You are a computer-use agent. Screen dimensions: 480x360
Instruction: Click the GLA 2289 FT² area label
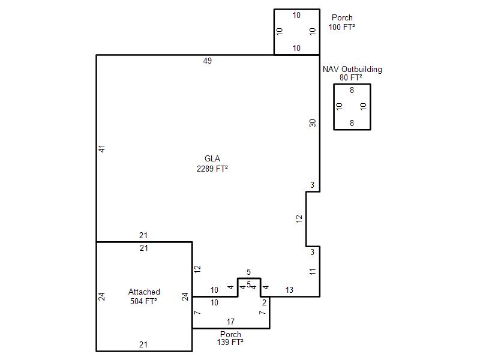[212, 163]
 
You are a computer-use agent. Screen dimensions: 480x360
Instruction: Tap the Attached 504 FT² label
[144, 296]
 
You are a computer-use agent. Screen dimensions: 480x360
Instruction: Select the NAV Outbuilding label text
[352, 69]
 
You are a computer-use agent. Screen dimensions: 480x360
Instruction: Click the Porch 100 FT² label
[342, 22]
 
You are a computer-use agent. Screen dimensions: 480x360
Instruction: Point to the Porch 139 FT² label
[230, 338]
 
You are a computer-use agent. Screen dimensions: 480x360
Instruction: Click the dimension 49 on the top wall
[207, 61]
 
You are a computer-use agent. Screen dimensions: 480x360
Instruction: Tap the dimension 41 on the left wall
[101, 149]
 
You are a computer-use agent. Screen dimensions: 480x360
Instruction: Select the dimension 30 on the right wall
[312, 123]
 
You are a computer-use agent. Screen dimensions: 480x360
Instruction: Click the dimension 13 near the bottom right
[289, 290]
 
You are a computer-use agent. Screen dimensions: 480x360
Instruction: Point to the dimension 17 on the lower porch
[230, 322]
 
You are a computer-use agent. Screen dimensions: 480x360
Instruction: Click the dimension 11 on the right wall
[312, 272]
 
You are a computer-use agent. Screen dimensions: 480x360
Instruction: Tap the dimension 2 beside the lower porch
[264, 302]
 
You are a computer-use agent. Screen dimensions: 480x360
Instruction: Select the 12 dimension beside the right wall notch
[299, 218]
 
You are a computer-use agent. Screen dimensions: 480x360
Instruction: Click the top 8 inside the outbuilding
[352, 90]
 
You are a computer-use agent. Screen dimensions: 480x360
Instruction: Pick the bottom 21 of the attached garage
[143, 344]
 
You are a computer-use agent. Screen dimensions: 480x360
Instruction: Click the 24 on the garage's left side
[101, 296]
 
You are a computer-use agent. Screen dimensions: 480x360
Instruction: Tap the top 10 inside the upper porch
[296, 15]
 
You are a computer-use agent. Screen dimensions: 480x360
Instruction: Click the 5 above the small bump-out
[248, 272]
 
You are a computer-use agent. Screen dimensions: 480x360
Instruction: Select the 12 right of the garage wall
[197, 269]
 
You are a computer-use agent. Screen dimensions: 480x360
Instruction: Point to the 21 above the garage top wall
[143, 235]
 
